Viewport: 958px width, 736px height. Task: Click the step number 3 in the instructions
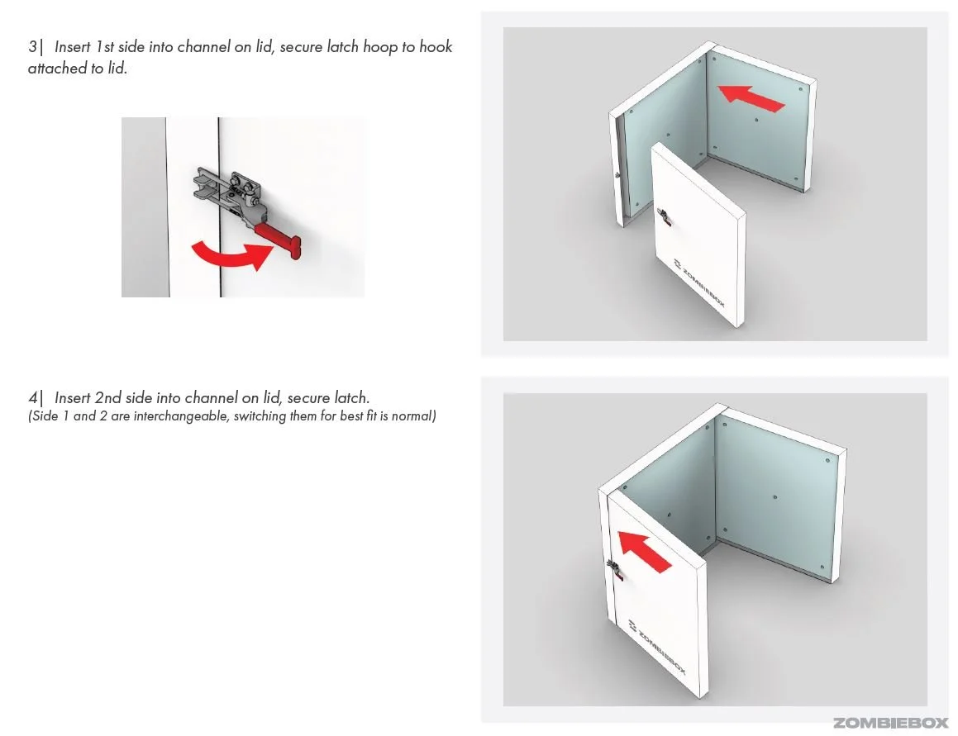(x=32, y=47)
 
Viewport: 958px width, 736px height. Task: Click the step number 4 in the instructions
(x=32, y=398)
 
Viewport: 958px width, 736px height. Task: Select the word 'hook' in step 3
(x=434, y=47)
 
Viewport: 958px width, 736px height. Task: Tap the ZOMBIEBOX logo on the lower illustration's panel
(x=657, y=648)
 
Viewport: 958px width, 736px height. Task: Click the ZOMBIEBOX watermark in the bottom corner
(x=889, y=723)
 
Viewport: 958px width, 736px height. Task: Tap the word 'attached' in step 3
(x=58, y=69)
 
